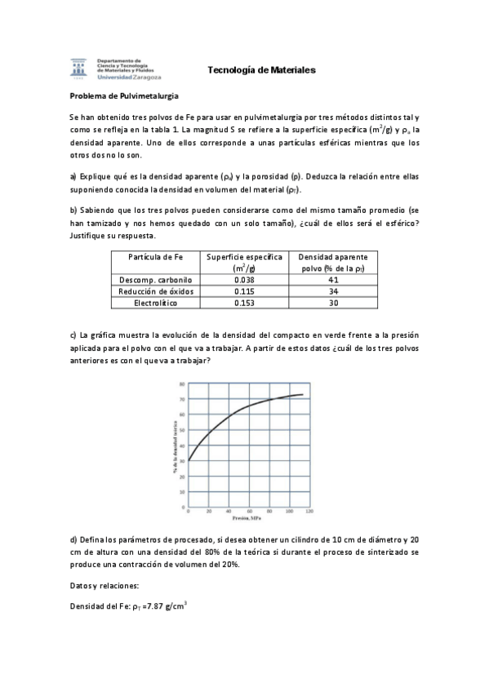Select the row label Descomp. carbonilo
coord(155,279)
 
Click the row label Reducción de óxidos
coord(155,291)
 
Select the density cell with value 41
coord(332,279)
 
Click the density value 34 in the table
coord(332,291)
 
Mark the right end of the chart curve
coord(303,395)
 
